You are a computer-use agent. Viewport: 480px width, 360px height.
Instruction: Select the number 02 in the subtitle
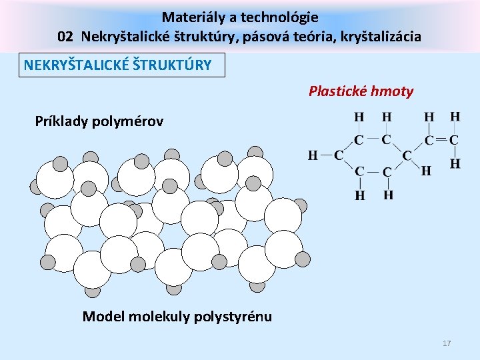(65, 37)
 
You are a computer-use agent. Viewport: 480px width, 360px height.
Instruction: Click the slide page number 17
(447, 343)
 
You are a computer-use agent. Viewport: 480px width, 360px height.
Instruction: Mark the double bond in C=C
(441, 141)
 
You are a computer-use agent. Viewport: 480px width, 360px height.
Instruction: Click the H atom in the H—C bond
(312, 155)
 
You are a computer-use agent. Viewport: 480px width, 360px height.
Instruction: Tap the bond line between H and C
(325, 155)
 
